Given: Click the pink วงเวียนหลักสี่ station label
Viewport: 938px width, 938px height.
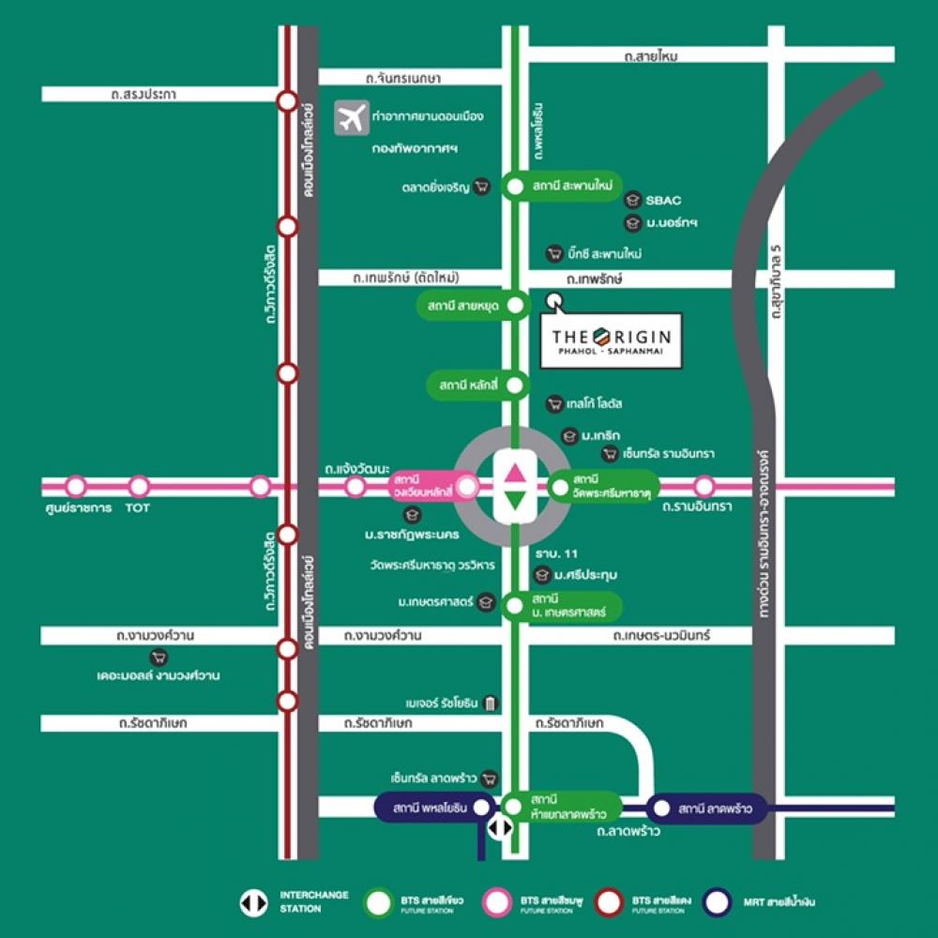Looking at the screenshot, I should pos(423,486).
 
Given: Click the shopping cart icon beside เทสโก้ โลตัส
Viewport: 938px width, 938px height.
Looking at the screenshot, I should pos(555,403).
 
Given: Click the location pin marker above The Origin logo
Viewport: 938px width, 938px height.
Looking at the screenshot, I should pos(554,302).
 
